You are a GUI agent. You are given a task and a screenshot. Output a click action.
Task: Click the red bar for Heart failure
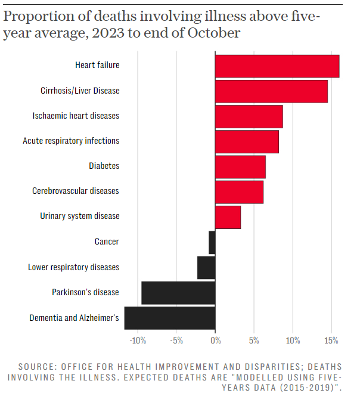tap(277, 66)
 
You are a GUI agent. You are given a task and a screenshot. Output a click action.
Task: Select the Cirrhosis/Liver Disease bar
tap(271, 91)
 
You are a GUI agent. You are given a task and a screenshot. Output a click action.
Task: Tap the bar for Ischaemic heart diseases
tap(249, 116)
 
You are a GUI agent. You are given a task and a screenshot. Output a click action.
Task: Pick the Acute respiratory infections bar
tap(247, 141)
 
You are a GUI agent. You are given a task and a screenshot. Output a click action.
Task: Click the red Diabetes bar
tap(240, 166)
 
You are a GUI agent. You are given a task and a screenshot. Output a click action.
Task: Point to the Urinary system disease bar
tap(228, 217)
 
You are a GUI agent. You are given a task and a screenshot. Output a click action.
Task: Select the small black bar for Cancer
tap(212, 242)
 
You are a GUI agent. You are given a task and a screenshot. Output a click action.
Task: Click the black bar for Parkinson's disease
tap(178, 293)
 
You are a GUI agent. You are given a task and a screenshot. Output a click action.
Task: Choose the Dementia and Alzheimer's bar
tap(170, 318)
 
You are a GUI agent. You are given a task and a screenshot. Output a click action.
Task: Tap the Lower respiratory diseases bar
tap(206, 267)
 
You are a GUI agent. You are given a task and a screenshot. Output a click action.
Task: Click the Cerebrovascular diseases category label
tap(76, 191)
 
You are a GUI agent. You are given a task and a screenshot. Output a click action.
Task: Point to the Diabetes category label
tap(104, 166)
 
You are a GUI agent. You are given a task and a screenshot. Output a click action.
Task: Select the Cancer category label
tap(107, 242)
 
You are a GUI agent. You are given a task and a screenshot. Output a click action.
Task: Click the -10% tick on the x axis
tap(138, 341)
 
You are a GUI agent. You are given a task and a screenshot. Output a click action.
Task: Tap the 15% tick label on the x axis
tap(332, 341)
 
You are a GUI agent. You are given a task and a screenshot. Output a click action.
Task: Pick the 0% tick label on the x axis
tap(215, 341)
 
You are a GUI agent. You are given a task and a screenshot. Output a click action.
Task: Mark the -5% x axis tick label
tap(176, 341)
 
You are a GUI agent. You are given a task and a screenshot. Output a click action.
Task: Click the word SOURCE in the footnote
tap(36, 366)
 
